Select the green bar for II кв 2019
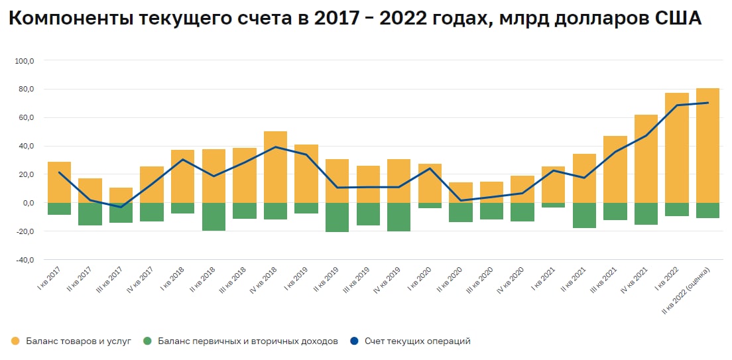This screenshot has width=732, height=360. (337, 217)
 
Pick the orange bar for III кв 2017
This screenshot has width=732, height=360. (121, 196)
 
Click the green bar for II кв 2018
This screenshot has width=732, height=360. (213, 217)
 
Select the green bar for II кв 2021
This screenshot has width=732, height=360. (584, 215)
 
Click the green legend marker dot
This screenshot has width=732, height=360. (147, 341)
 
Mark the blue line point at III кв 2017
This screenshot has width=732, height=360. (121, 207)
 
